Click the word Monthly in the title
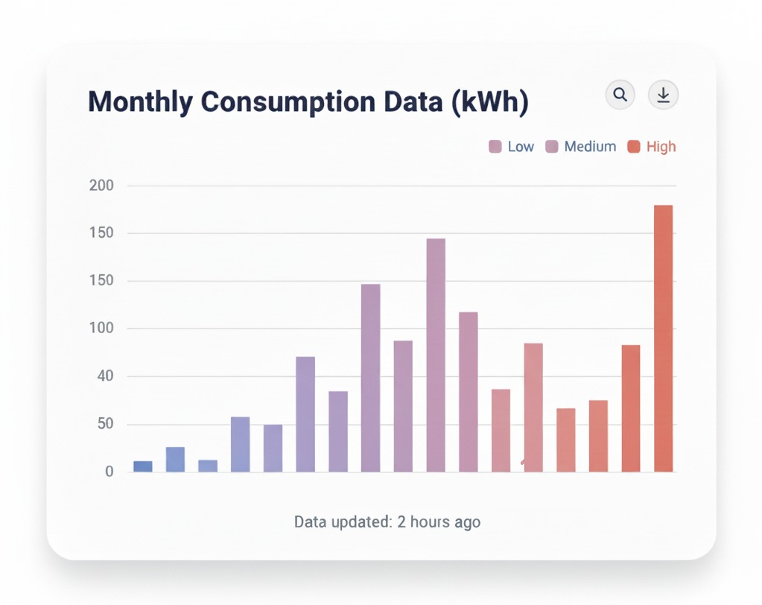[x=139, y=101]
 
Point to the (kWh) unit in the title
[x=490, y=101]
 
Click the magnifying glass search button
[x=620, y=95]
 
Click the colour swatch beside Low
[x=495, y=147]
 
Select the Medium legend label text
[x=590, y=147]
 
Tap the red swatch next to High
[x=634, y=147]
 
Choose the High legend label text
[x=661, y=147]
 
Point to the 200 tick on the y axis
[x=101, y=186]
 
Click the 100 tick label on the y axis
[x=101, y=329]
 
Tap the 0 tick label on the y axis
[x=109, y=472]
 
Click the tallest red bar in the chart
[x=663, y=338]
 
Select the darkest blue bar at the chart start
[x=143, y=466]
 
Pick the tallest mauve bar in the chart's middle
[x=436, y=355]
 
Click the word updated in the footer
[x=362, y=522]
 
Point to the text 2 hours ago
[x=439, y=522]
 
